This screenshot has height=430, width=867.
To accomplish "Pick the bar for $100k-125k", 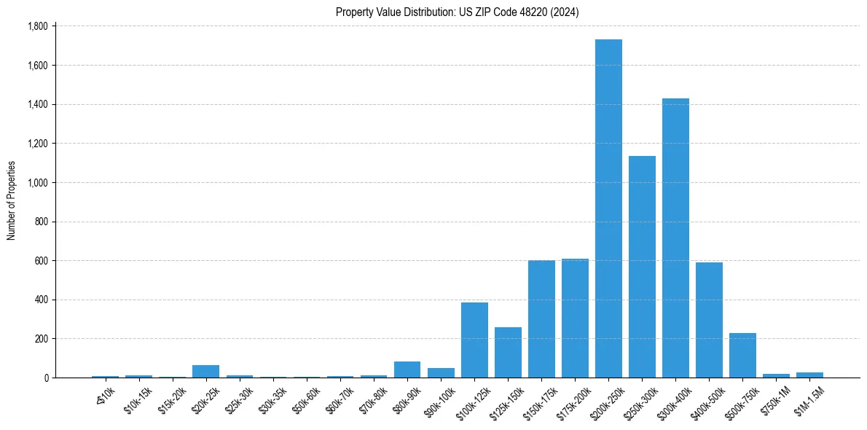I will click(x=474, y=340).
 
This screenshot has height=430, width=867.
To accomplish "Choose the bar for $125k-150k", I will click(x=508, y=353).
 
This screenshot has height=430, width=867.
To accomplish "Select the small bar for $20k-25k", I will click(x=205, y=372).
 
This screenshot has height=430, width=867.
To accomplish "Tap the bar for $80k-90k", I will click(x=407, y=370).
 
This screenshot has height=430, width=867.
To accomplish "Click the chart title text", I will click(x=458, y=12).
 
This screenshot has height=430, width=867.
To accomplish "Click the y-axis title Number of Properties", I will click(x=12, y=200).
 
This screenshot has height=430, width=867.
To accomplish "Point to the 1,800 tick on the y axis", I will click(x=37, y=26).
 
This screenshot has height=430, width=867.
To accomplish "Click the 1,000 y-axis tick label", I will click(x=37, y=183).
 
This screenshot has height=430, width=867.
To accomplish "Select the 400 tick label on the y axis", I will click(x=42, y=300).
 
